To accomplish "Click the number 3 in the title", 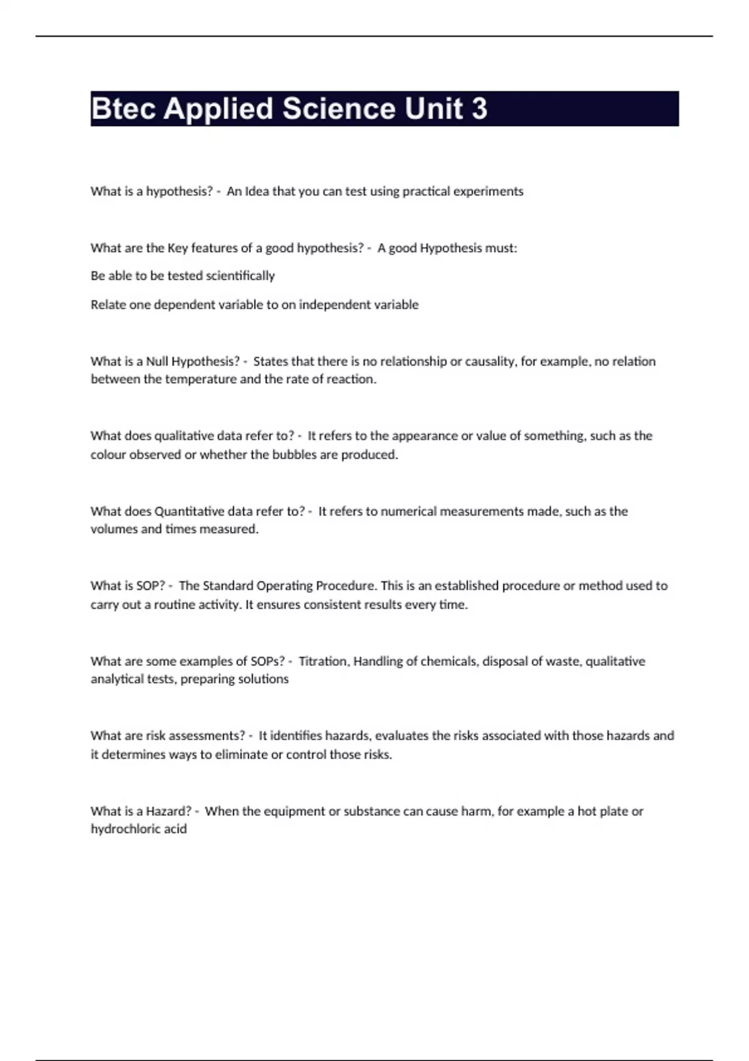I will pos(479,109).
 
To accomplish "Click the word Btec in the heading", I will pos(123,109).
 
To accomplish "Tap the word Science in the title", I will pos(339,109).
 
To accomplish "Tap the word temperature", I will pos(200,379).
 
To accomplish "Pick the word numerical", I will pos(408,511).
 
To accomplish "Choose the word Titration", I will pos(323,662).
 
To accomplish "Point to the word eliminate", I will pos(241,755).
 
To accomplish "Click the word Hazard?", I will pos(169,811).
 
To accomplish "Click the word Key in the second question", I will pos(177,248).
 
